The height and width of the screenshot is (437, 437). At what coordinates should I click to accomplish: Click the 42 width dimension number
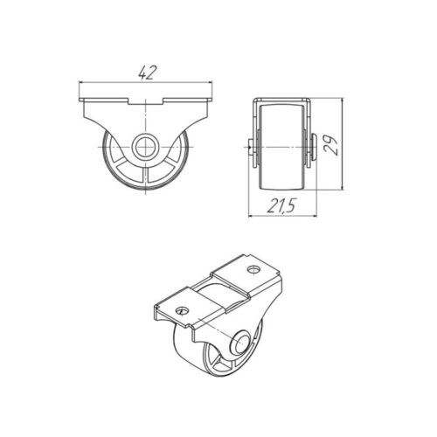[148, 73]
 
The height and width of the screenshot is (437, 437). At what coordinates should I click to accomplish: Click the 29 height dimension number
[331, 144]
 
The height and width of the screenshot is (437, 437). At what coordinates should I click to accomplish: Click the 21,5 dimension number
[281, 206]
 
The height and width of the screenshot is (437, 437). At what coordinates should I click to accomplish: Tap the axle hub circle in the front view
[145, 147]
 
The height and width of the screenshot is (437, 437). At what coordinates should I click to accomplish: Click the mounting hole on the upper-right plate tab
[253, 269]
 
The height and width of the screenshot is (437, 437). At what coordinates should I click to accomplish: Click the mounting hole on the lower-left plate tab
[183, 310]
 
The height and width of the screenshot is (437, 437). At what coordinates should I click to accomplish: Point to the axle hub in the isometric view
[239, 343]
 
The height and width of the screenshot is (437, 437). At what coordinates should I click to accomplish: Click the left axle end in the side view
[252, 147]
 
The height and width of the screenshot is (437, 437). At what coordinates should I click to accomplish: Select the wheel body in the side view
[281, 147]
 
